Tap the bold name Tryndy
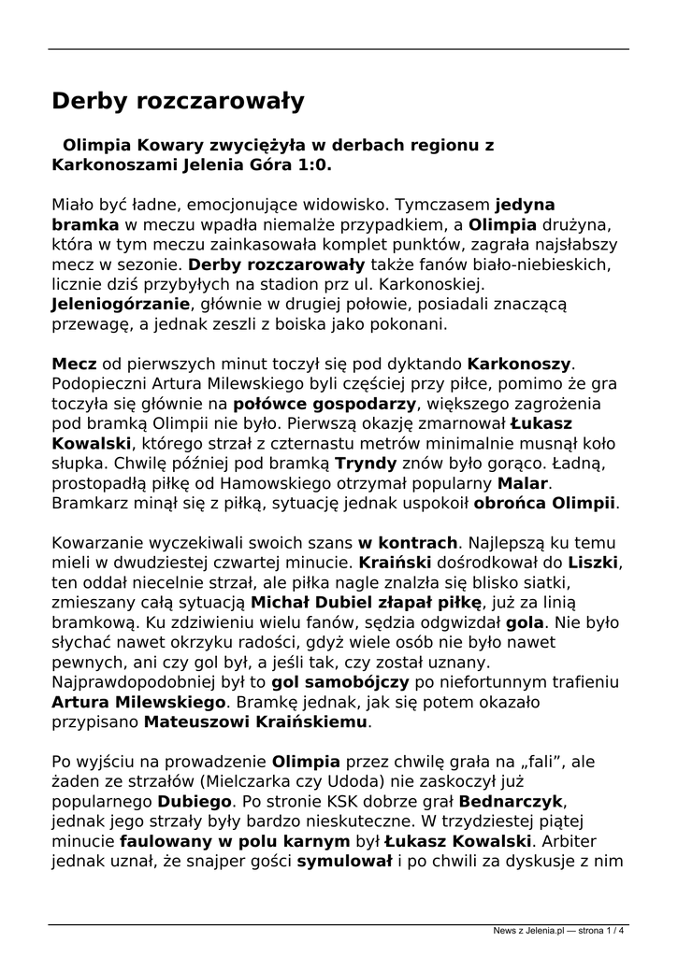[366, 464]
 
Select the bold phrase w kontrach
[409, 543]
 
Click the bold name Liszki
[596, 564]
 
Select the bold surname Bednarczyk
[512, 803]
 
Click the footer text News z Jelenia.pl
[528, 930]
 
